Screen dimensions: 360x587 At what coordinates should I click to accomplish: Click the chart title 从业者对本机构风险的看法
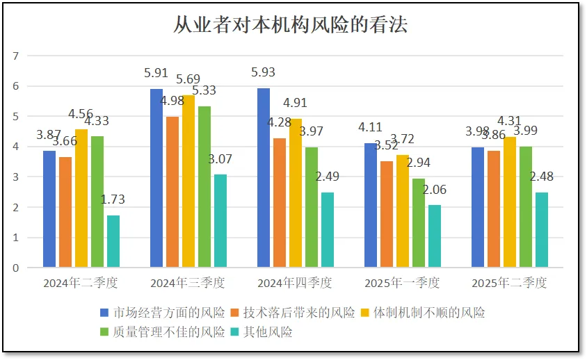(290, 25)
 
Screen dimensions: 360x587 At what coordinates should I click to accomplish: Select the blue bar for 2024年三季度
(156, 178)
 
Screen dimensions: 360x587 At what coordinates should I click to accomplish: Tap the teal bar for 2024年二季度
(113, 241)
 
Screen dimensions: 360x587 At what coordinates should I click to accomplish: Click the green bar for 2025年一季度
(419, 222)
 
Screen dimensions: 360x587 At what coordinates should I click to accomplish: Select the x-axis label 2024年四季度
(294, 283)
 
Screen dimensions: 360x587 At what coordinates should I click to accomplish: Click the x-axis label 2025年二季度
(509, 283)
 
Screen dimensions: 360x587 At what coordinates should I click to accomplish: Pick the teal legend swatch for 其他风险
(236, 332)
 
